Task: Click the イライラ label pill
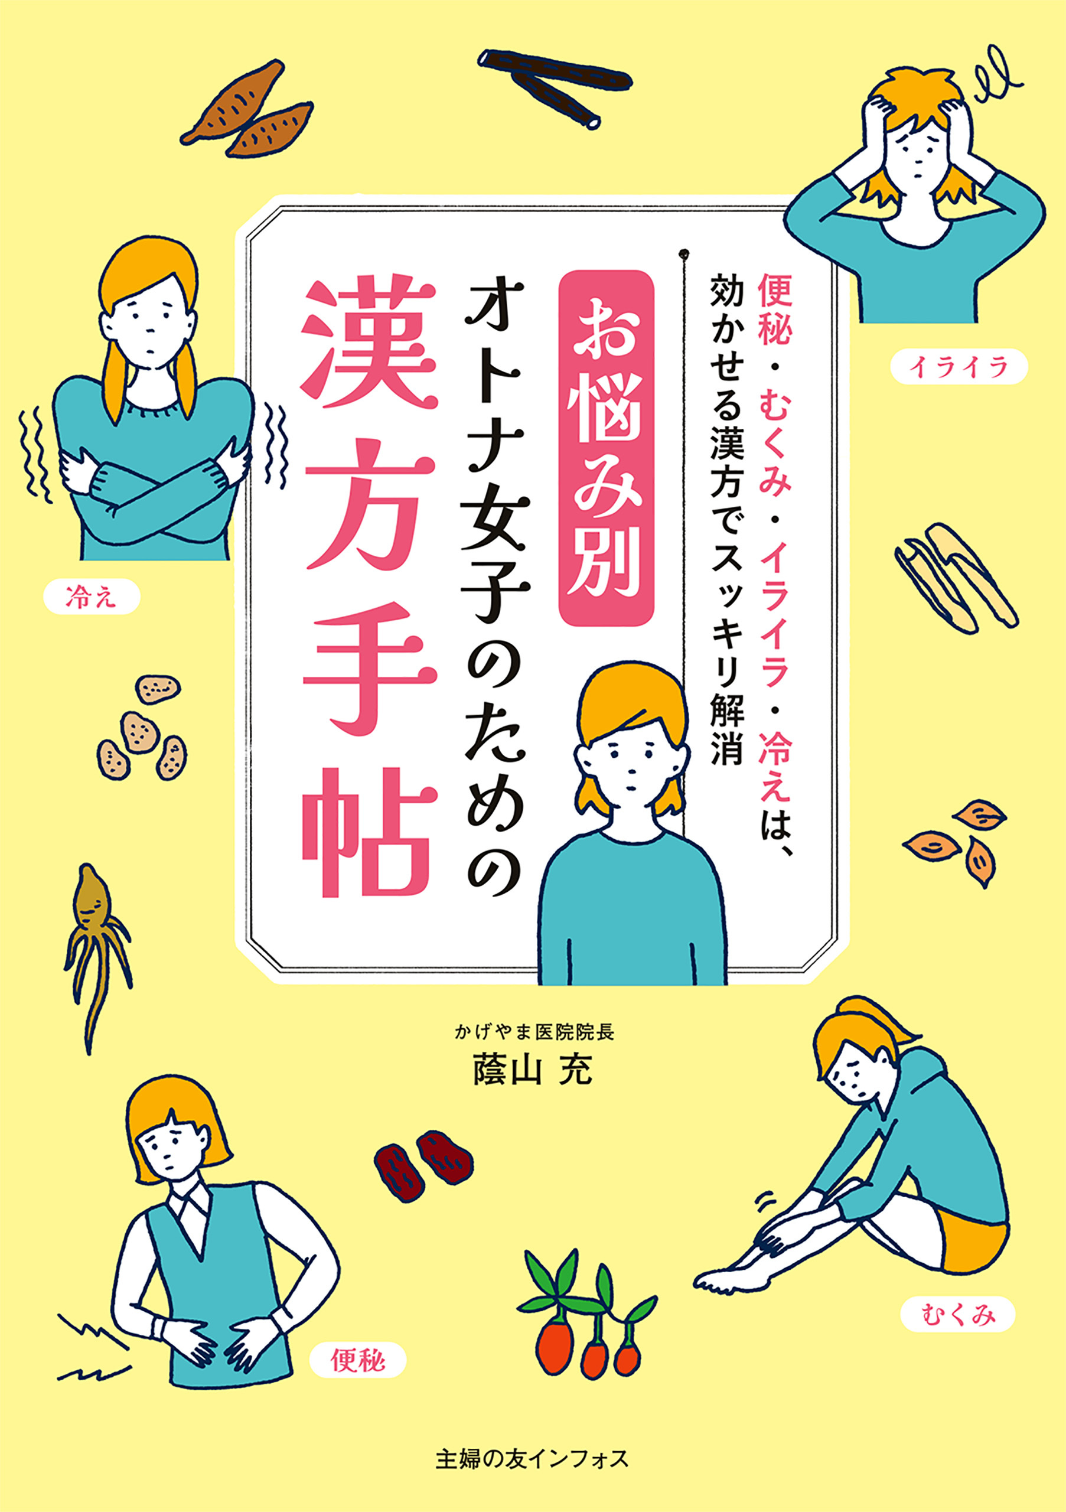[958, 367]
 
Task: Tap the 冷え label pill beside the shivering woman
[92, 598]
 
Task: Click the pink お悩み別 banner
[605, 448]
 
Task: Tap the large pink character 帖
[369, 830]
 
